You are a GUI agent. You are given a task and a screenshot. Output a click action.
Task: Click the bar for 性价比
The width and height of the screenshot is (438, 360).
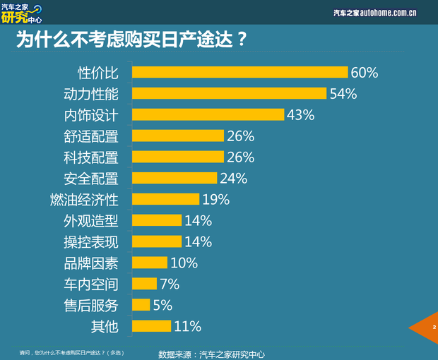(x=239, y=72)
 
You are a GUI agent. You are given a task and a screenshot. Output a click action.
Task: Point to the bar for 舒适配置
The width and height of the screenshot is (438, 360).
(x=177, y=136)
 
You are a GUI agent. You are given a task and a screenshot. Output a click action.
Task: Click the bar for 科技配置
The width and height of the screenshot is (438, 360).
(x=177, y=157)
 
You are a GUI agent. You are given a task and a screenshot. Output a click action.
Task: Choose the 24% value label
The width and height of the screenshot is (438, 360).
(x=233, y=178)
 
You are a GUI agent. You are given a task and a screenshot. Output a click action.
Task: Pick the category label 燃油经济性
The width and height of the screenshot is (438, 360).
(x=84, y=199)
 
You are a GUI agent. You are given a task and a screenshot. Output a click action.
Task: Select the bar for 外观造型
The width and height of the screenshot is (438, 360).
(x=156, y=220)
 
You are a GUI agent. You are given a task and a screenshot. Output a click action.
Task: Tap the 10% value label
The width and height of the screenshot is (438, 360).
(x=184, y=263)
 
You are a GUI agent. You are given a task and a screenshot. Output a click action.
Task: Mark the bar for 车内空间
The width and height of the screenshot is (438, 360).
(x=144, y=284)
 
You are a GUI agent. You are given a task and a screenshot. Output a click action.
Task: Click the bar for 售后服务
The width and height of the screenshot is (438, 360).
(x=141, y=305)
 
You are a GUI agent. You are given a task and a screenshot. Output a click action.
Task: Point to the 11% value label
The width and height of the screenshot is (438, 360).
(x=188, y=326)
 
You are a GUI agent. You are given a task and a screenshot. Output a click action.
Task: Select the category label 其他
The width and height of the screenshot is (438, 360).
(x=104, y=326)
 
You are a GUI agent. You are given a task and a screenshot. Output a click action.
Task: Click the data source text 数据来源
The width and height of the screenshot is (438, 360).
(x=211, y=353)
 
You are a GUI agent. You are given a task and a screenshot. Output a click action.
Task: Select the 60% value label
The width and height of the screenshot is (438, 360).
(x=365, y=72)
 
